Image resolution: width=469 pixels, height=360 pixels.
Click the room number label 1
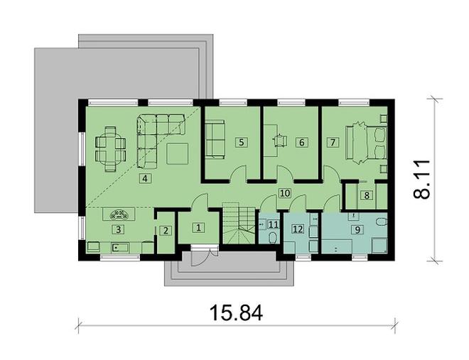point(198,228)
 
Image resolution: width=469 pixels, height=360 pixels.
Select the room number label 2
point(164,229)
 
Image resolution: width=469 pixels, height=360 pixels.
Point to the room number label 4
point(145,178)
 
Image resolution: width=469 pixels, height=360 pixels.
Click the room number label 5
point(242,142)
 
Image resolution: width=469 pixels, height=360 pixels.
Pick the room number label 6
point(302,142)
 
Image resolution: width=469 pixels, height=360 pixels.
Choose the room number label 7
point(332,142)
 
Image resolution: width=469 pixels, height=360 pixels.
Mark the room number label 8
point(367,195)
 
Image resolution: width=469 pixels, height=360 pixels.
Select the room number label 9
point(357,229)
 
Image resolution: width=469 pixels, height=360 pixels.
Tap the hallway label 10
point(284,192)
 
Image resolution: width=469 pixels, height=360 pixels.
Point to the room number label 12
point(298,229)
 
